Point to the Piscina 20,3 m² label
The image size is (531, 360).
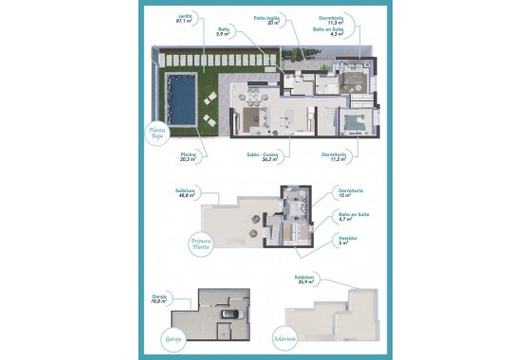tap(188, 157)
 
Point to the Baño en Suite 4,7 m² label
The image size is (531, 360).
tap(353, 217)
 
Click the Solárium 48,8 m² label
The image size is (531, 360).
tap(185, 194)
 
